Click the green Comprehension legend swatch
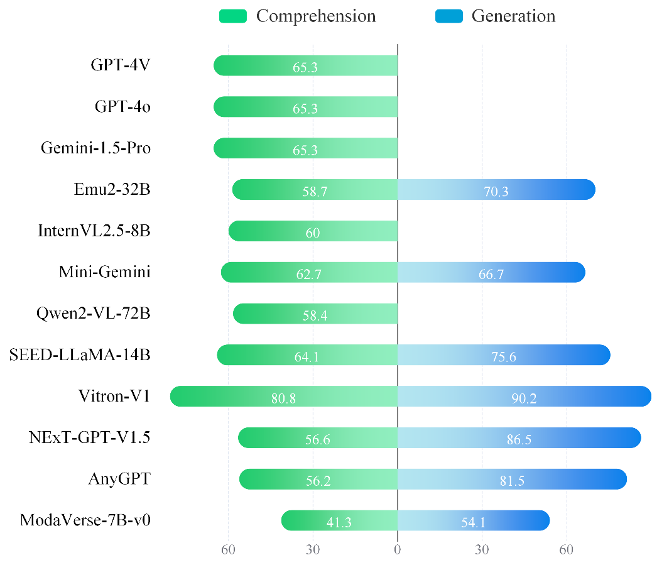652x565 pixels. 232,16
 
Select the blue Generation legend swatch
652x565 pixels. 448,16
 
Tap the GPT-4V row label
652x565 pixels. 121,65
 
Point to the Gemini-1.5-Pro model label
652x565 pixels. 96,148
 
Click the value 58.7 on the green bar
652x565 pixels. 314,191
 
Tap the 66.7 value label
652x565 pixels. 491,274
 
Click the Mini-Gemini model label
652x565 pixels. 105,272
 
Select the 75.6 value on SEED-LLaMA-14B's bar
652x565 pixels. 503,356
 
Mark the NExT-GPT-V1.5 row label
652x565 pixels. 90,437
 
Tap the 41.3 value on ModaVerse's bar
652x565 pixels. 340,522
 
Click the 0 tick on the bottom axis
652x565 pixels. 397,550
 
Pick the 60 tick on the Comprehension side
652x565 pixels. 228,550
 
